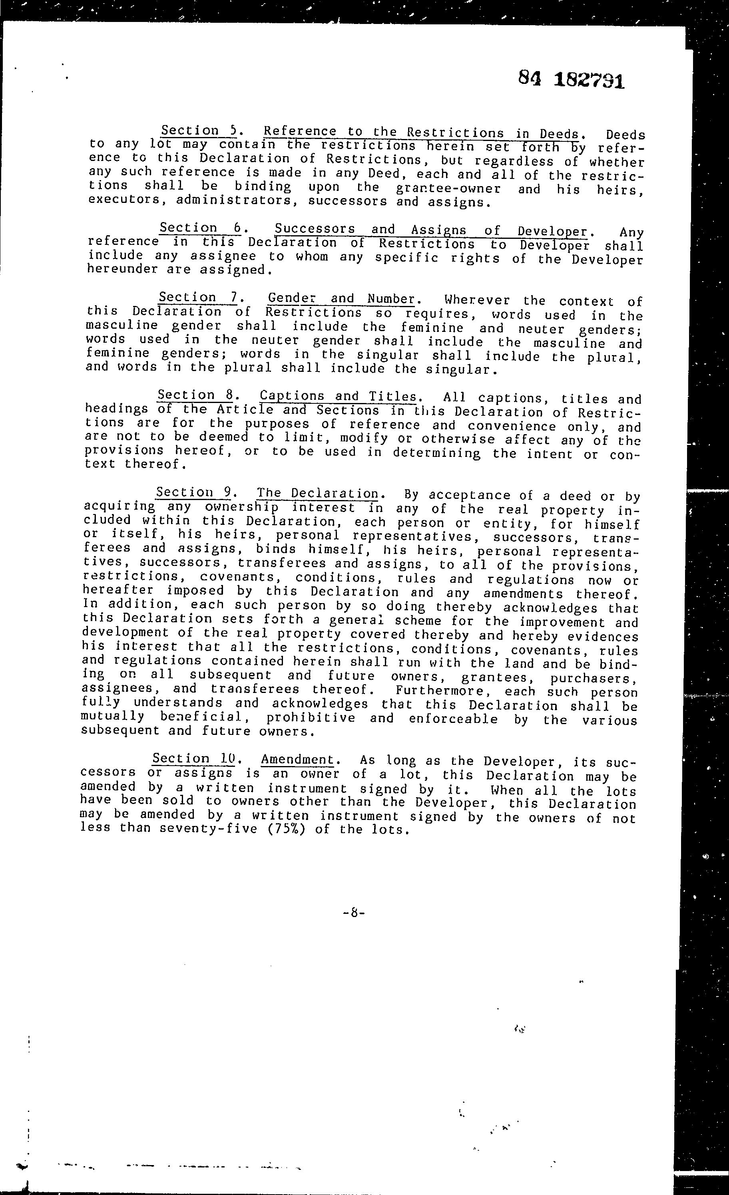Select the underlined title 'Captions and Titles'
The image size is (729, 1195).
(338, 397)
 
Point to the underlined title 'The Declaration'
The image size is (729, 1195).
(317, 494)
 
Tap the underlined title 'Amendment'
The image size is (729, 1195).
(297, 760)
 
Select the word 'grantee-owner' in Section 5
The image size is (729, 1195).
(448, 188)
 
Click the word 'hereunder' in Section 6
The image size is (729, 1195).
(122, 269)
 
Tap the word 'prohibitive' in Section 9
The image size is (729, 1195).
(311, 718)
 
